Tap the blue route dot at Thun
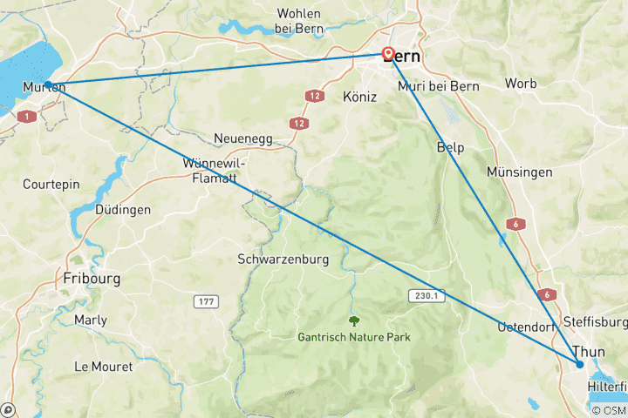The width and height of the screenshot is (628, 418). pyautogui.click(x=579, y=363)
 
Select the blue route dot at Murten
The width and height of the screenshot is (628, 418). pyautogui.click(x=49, y=84)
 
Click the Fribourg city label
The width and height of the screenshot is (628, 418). pyautogui.click(x=92, y=279)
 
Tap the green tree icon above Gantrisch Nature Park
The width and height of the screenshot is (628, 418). pyautogui.click(x=354, y=320)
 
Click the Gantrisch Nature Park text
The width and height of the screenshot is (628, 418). pyautogui.click(x=354, y=337)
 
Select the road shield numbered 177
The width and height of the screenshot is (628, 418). pyautogui.click(x=205, y=300)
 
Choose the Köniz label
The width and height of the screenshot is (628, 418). pyautogui.click(x=358, y=98)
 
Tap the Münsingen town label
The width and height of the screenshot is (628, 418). pyautogui.click(x=520, y=172)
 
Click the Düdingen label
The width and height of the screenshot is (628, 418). pyautogui.click(x=123, y=210)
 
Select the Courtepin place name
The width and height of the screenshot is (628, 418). pyautogui.click(x=51, y=185)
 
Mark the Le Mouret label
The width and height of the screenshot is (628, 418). pyautogui.click(x=104, y=366)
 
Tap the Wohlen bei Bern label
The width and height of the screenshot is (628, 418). pyautogui.click(x=298, y=21)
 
